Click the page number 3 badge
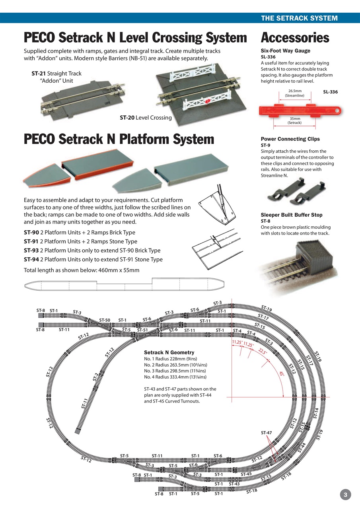click(345, 494)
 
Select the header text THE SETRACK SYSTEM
click(299, 18)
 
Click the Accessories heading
click(295, 38)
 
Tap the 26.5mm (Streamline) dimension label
click(294, 93)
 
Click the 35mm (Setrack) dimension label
click(294, 121)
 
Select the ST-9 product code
click(266, 145)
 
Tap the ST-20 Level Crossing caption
click(146, 117)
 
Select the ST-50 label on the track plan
click(105, 320)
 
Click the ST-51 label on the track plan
click(142, 330)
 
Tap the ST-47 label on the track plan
click(267, 433)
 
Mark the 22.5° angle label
click(263, 352)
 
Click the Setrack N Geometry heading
click(169, 353)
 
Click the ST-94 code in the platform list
click(31, 260)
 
